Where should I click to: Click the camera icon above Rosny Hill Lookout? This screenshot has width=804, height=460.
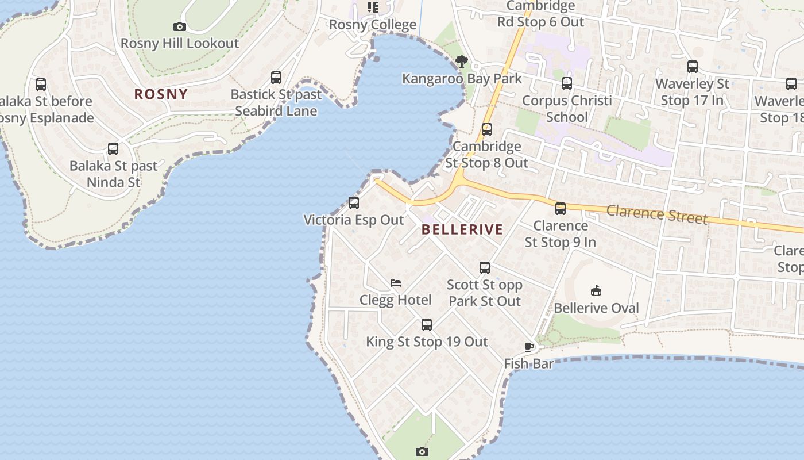pyautogui.click(x=180, y=26)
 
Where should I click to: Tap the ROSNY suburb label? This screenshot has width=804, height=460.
pyautogui.click(x=161, y=94)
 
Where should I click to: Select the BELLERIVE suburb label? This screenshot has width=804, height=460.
pyautogui.click(x=462, y=229)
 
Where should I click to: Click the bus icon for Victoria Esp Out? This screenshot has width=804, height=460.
pyautogui.click(x=354, y=203)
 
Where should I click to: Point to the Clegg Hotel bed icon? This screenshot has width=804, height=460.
pyautogui.click(x=396, y=283)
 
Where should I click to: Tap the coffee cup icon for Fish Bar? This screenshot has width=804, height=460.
pyautogui.click(x=529, y=347)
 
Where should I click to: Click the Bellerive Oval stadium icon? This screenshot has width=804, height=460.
pyautogui.click(x=596, y=291)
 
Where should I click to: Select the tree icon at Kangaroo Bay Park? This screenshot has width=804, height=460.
pyautogui.click(x=461, y=62)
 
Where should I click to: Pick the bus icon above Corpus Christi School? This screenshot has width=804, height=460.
pyautogui.click(x=567, y=83)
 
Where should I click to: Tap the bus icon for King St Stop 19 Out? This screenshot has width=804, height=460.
pyautogui.click(x=427, y=325)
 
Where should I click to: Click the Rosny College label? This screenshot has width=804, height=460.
pyautogui.click(x=373, y=25)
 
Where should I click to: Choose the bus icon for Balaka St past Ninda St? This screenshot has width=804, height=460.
pyautogui.click(x=113, y=149)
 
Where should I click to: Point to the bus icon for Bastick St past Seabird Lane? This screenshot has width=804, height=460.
pyautogui.click(x=276, y=78)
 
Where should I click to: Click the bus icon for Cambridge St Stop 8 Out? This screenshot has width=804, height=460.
pyautogui.click(x=487, y=129)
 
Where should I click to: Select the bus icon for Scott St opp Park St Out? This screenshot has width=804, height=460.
pyautogui.click(x=485, y=268)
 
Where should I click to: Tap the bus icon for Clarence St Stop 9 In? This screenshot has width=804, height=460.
pyautogui.click(x=561, y=209)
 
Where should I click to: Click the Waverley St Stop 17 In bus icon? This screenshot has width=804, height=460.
pyautogui.click(x=693, y=67)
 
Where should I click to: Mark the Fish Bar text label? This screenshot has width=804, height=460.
pyautogui.click(x=529, y=364)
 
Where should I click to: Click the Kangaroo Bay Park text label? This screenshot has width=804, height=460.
pyautogui.click(x=462, y=79)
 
